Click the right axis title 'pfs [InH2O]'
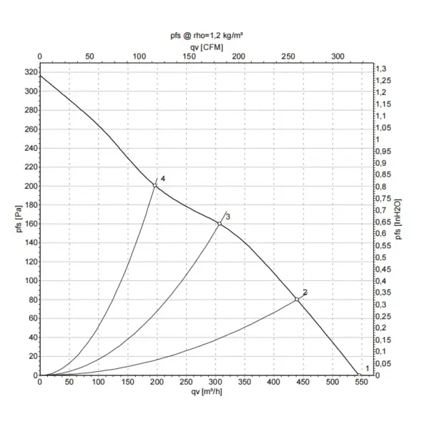click(x=398, y=220)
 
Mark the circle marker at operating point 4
click(x=154, y=186)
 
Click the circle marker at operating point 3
click(x=220, y=224)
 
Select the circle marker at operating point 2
click(x=297, y=299)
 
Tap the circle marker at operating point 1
click(x=358, y=374)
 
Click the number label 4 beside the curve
click(x=163, y=177)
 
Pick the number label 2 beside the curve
click(x=305, y=292)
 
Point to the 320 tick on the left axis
click(x=29, y=73)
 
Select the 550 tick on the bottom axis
click(x=362, y=383)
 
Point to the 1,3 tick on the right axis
click(x=385, y=69)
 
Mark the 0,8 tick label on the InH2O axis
click(x=385, y=187)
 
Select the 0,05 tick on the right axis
click(x=387, y=363)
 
